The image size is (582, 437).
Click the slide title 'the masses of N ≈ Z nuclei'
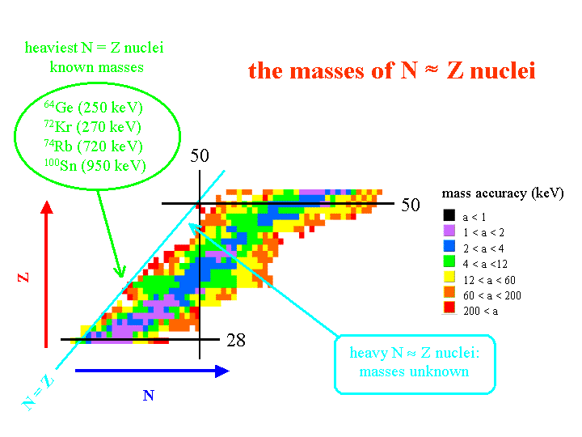[391, 71]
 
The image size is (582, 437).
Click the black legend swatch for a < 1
[449, 216]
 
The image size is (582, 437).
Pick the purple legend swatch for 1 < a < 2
[449, 232]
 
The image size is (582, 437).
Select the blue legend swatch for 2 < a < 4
[449, 248]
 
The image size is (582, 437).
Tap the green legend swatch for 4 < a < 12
[449, 264]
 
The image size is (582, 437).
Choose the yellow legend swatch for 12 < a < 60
[449, 279]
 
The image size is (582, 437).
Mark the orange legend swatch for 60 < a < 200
[449, 295]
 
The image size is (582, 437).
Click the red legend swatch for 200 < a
[449, 311]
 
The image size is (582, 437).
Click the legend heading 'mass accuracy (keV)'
[502, 193]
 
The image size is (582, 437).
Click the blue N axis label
[148, 396]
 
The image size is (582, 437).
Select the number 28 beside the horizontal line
[236, 340]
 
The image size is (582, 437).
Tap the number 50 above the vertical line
[200, 155]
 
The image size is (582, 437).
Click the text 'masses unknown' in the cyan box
[414, 371]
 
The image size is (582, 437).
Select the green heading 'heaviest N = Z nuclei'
[95, 49]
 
